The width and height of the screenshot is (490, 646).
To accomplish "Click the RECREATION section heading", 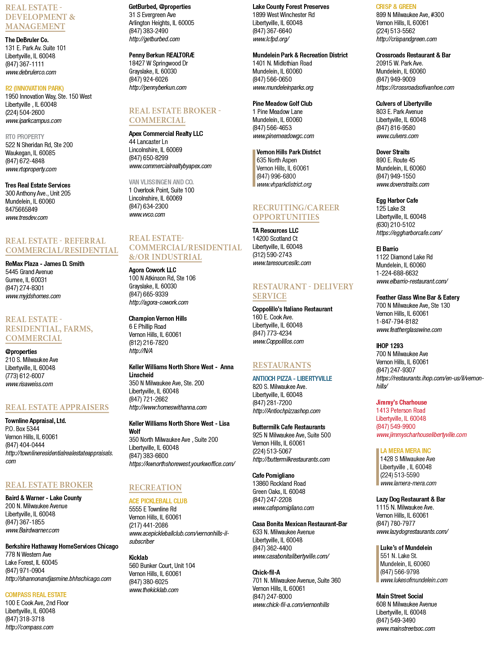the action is tap(155, 487).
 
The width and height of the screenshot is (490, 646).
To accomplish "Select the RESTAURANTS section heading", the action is tap(281, 365).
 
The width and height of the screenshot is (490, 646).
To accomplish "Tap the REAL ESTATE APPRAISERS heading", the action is tap(57, 407).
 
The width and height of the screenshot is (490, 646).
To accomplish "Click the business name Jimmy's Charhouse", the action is tap(401, 402).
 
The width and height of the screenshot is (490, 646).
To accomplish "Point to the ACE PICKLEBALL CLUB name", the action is tap(158, 501).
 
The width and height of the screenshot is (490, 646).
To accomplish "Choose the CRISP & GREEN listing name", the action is tap(396, 6).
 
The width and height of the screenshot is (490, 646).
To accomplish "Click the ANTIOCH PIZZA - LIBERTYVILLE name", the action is tap(292, 379).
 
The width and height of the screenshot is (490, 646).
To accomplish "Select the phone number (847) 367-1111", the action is tap(25, 64).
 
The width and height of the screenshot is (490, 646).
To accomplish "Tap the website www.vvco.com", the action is tap(147, 214).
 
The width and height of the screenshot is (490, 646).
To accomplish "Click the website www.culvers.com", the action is tap(397, 136).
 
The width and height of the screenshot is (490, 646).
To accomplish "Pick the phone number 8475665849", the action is tap(21, 210).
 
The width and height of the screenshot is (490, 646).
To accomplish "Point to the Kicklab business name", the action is tap(138, 558).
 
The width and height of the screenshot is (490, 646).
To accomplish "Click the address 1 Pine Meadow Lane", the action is tap(278, 112).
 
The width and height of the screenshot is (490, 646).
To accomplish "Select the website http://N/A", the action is tap(141, 351).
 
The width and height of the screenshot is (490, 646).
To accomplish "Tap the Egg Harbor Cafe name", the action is tap(397, 201).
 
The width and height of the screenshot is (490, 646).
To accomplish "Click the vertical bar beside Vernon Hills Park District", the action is tap(254, 168).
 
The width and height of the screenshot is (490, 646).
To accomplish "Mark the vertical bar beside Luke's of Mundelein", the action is tap(378, 563).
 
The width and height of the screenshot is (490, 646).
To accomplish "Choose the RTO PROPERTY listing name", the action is tap(25, 137).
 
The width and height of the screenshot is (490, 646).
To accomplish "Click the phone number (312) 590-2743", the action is tap(272, 255).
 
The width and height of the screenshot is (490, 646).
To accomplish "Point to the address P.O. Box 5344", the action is tap(22, 429).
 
